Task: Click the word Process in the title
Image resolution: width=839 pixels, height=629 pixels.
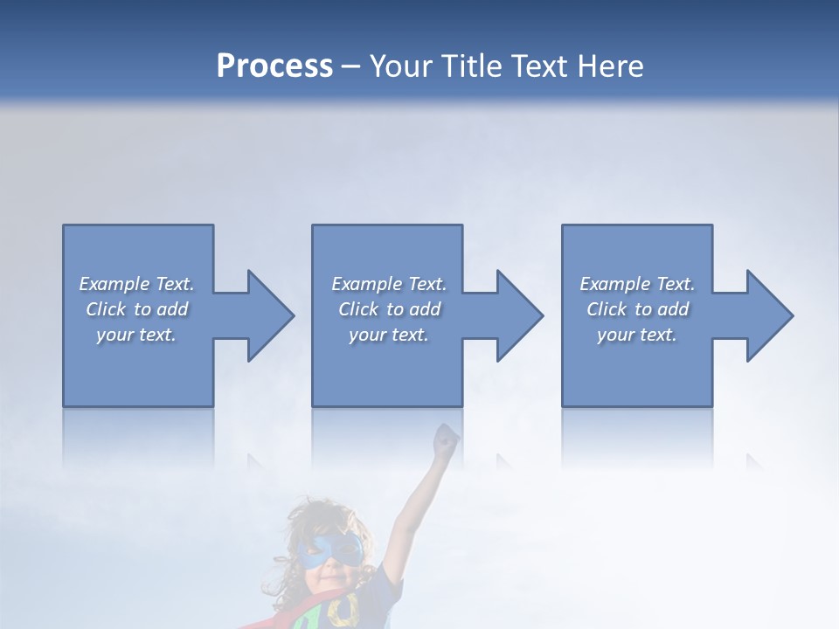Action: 274,66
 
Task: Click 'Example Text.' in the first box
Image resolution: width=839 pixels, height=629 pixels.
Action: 136,284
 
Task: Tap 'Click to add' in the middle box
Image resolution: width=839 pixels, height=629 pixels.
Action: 389,309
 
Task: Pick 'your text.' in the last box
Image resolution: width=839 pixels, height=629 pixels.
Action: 637,335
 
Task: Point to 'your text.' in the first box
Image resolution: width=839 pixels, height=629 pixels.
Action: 136,335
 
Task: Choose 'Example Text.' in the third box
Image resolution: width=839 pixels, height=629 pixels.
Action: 637,284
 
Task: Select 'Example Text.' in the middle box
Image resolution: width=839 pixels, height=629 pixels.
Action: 389,284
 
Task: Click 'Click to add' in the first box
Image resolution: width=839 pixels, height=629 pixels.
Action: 136,309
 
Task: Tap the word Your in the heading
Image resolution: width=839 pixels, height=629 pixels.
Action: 402,66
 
